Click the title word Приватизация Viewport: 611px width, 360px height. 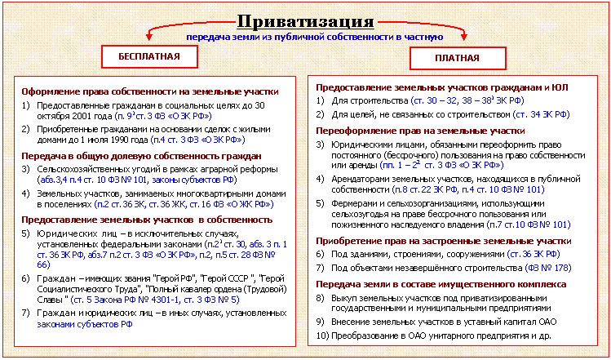point(305,21)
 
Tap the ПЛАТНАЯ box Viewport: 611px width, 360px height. point(457,59)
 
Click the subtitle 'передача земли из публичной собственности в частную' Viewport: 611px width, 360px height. point(314,38)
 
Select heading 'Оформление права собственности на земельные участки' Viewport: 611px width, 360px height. point(150,92)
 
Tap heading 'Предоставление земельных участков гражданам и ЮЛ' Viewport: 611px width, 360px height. point(442,87)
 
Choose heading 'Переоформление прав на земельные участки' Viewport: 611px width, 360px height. point(420,131)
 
